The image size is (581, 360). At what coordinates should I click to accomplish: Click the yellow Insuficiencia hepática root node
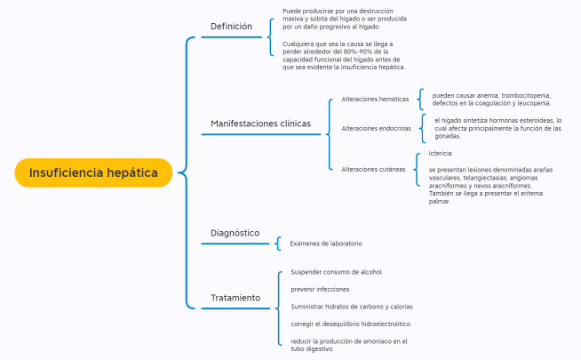click(92, 172)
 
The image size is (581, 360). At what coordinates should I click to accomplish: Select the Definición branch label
click(231, 27)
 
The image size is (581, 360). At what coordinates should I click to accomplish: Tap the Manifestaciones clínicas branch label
click(267, 124)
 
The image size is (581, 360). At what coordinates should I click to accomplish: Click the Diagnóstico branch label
click(235, 233)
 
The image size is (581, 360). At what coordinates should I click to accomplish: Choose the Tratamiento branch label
click(235, 298)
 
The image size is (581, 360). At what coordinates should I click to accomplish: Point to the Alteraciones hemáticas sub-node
click(375, 100)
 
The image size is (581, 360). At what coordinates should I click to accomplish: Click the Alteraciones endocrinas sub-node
click(376, 128)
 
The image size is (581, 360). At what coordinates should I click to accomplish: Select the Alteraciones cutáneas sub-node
click(373, 169)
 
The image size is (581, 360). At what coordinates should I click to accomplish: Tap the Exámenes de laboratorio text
click(325, 244)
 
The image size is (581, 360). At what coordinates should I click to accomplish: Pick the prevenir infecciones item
click(320, 289)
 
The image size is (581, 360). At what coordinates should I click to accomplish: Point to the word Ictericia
click(441, 153)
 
